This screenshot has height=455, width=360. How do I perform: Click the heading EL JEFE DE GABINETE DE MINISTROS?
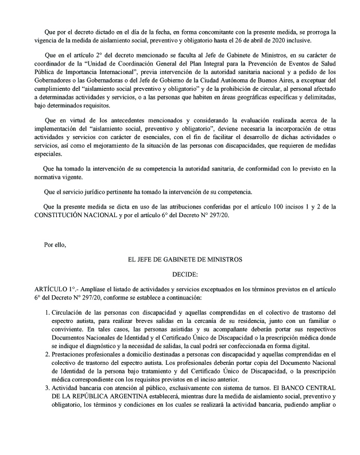click(x=185, y=260)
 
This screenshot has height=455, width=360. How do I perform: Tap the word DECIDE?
click(x=184, y=275)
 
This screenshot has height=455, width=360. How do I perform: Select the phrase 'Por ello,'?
click(x=55, y=245)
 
